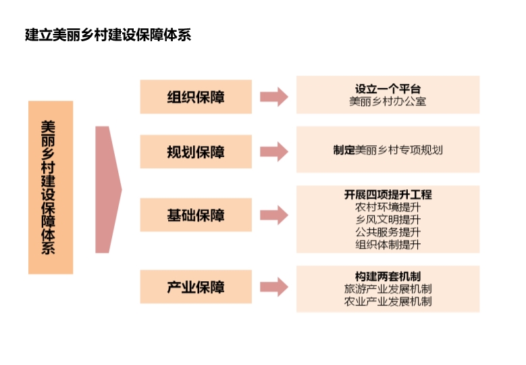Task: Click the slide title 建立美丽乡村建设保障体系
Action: click(108, 35)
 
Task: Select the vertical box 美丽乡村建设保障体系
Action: click(50, 187)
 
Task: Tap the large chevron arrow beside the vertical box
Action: click(107, 189)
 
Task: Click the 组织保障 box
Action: click(196, 97)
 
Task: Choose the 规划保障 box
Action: click(196, 151)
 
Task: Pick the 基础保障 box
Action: click(196, 215)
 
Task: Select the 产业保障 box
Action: click(196, 287)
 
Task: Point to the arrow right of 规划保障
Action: click(273, 151)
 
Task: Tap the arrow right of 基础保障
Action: click(273, 215)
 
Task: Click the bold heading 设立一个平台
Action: click(388, 89)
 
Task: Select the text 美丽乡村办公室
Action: click(388, 102)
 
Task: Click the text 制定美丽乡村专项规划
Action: click(388, 150)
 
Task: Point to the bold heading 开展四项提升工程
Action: click(388, 195)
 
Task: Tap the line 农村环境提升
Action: click(388, 208)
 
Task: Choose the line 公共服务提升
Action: click(388, 233)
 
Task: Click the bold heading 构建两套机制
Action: click(388, 276)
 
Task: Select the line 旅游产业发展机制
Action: click(388, 289)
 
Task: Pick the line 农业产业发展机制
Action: click(388, 301)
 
